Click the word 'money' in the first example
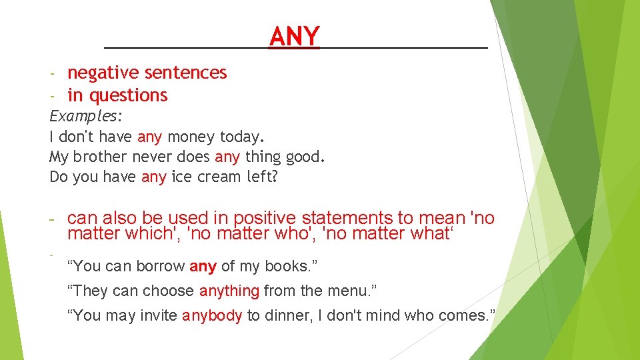tap(191, 137)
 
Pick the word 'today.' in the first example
tap(242, 137)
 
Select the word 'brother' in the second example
tap(100, 157)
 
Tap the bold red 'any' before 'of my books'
tap(203, 267)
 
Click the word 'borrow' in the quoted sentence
tap(160, 267)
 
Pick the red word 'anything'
tap(229, 291)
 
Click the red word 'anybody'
tap(212, 315)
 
